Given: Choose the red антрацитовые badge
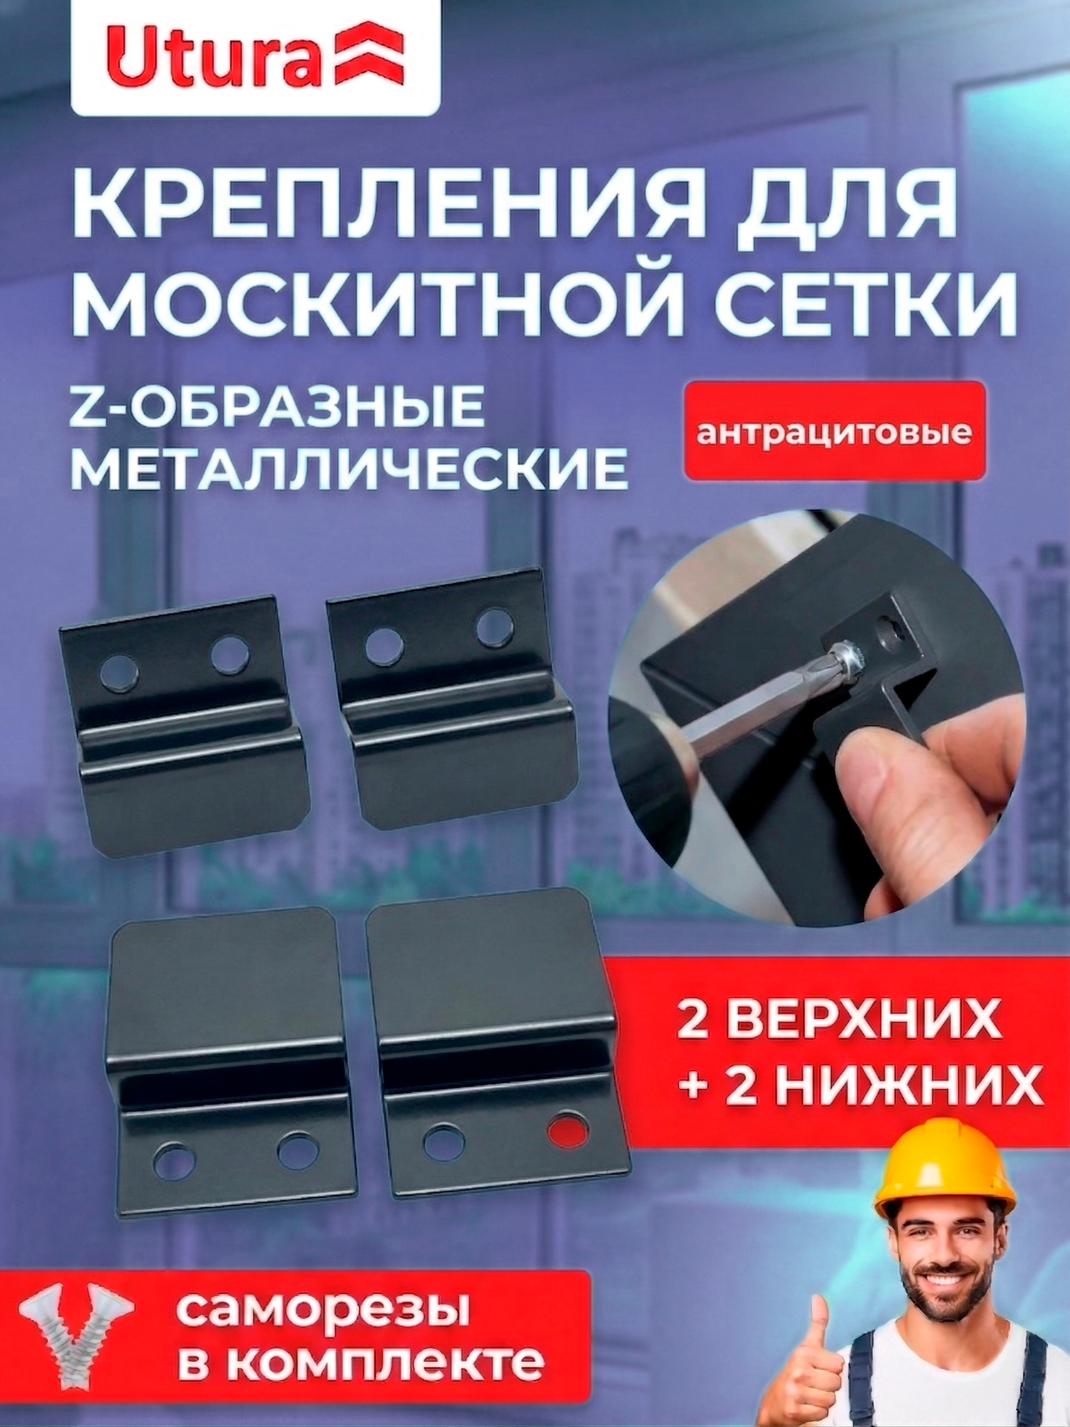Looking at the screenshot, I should (x=834, y=432).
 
